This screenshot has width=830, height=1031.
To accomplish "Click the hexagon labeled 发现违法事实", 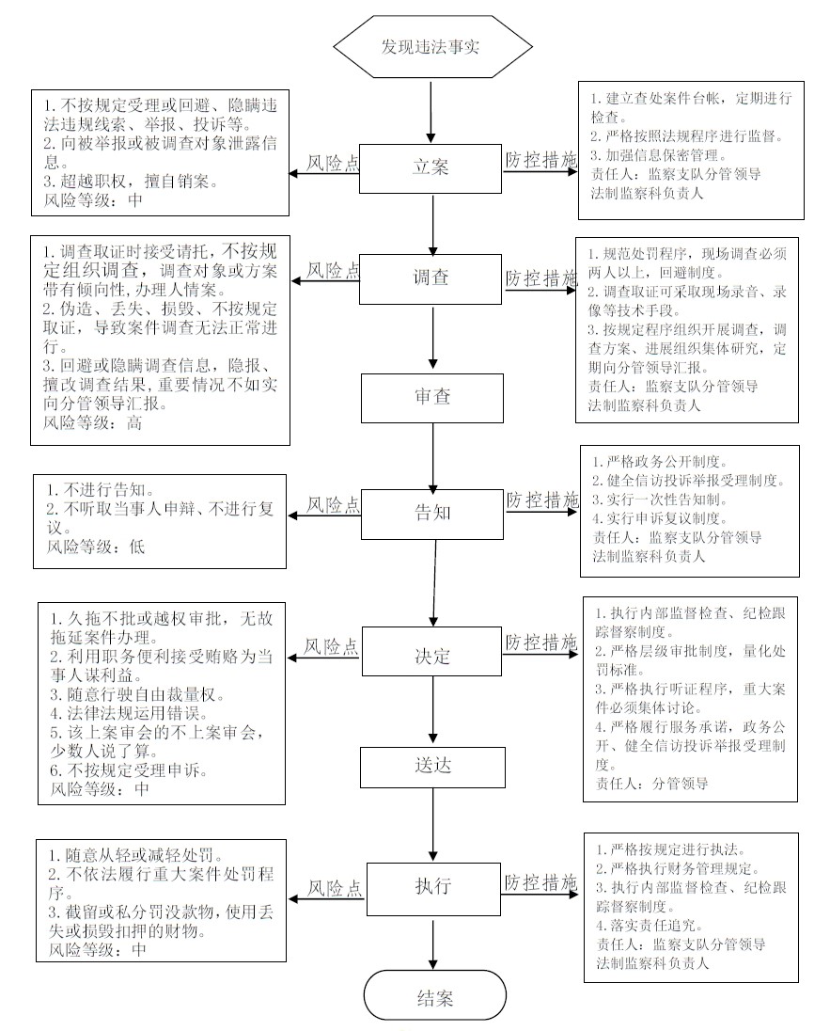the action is pyautogui.click(x=432, y=47).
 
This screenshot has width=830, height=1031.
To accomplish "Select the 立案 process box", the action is pyautogui.click(x=431, y=167).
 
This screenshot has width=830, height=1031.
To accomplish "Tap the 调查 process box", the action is pyautogui.click(x=431, y=278).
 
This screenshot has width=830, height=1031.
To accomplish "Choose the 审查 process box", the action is pyautogui.click(x=432, y=398).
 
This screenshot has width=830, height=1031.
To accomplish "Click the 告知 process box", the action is pyautogui.click(x=432, y=515).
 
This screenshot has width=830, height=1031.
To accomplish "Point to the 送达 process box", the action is pyautogui.click(x=432, y=767).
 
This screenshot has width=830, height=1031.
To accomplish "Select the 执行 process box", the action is pyautogui.click(x=433, y=887).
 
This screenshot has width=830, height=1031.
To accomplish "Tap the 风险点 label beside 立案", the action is pyautogui.click(x=333, y=163).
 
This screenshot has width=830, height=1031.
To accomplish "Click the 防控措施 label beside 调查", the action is pyautogui.click(x=540, y=278).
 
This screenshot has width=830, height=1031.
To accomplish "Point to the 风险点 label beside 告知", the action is pyautogui.click(x=333, y=505).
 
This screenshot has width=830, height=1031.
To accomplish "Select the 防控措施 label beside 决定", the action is pyautogui.click(x=540, y=642).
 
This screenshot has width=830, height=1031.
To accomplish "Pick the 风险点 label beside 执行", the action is pyautogui.click(x=336, y=889).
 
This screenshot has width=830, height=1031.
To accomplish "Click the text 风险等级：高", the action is pyautogui.click(x=93, y=422).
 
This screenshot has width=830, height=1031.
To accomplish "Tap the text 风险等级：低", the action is pyautogui.click(x=95, y=547).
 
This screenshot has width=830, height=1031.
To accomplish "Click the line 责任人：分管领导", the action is pyautogui.click(x=652, y=784).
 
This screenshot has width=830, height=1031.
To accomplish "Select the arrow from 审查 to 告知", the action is pyautogui.click(x=432, y=456).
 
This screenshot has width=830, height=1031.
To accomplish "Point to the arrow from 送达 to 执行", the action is pyautogui.click(x=433, y=825).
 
